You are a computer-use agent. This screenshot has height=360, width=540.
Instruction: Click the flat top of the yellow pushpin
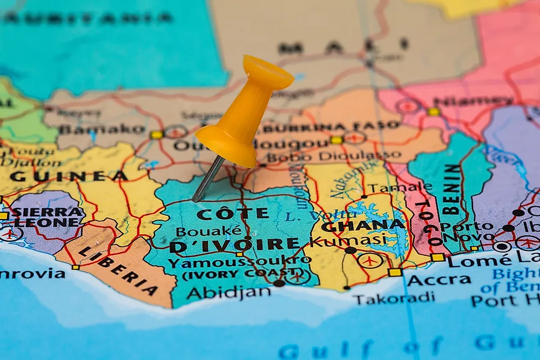pyautogui.click(x=268, y=71)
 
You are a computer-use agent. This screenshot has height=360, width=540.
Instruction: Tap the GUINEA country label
pyautogui.click(x=69, y=176)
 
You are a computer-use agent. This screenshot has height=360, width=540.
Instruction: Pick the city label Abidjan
pyautogui.click(x=229, y=292)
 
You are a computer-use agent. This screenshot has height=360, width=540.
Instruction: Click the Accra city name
pyautogui.click(x=431, y=280)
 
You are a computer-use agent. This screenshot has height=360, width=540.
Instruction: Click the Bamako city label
pyautogui.click(x=102, y=130)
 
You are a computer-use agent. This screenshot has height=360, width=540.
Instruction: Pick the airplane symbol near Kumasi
pyautogui.click(x=370, y=261)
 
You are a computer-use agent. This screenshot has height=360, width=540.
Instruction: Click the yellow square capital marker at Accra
pyautogui.click(x=395, y=272)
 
